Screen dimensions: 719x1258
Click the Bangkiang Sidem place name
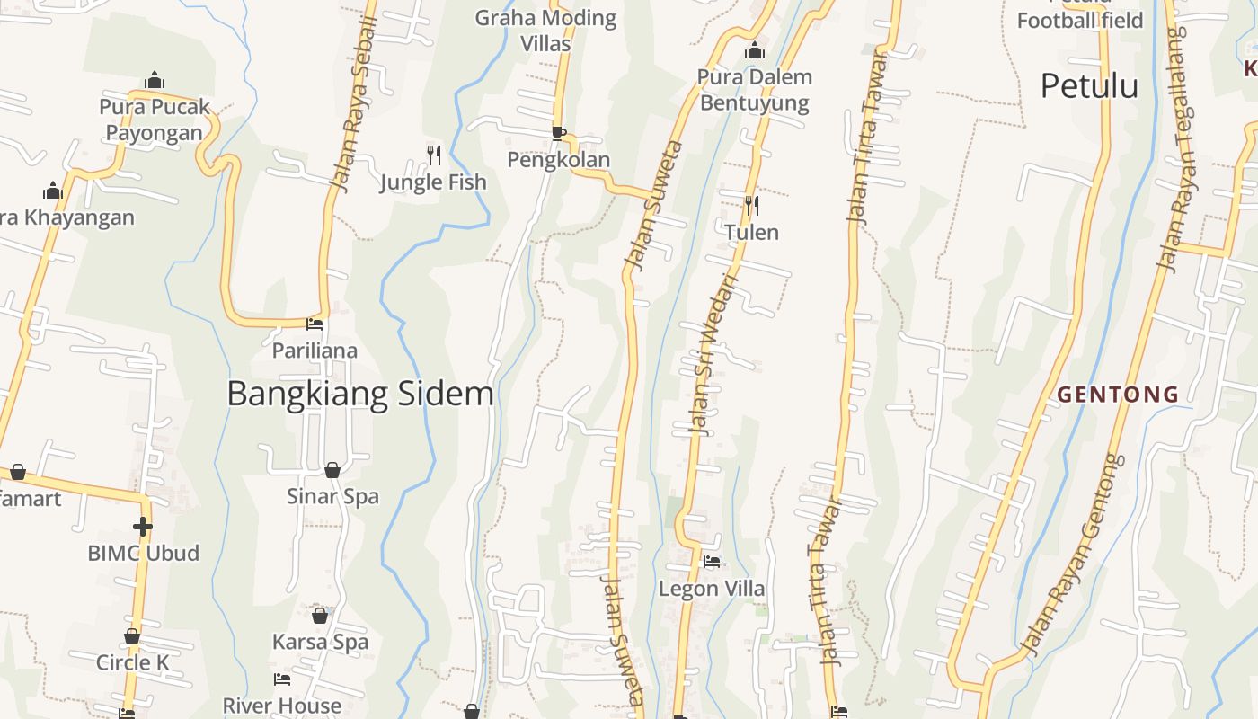(x=360, y=395)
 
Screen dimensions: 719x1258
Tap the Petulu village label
(x=1089, y=86)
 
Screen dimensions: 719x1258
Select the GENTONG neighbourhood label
(x=1118, y=394)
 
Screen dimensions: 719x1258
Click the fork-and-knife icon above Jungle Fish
(x=434, y=155)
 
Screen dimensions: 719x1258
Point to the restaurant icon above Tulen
(x=752, y=206)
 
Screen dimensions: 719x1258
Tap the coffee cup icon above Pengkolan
(x=559, y=133)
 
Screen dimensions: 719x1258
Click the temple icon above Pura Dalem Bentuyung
(x=755, y=50)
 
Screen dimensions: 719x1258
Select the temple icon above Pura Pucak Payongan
(x=155, y=80)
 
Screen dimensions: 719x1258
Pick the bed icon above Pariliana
(x=314, y=324)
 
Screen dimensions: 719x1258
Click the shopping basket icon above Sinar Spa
(x=332, y=470)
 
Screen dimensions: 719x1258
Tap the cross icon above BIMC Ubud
(x=142, y=526)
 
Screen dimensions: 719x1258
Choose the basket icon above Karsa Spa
(x=320, y=616)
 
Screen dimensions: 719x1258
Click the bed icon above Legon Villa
(x=712, y=563)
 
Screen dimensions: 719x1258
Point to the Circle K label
(x=132, y=663)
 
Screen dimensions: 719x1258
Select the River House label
(x=282, y=706)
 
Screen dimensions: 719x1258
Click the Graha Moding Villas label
(x=545, y=30)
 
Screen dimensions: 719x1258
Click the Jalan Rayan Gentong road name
(x=1074, y=555)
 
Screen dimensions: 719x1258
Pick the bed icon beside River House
(x=282, y=679)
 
